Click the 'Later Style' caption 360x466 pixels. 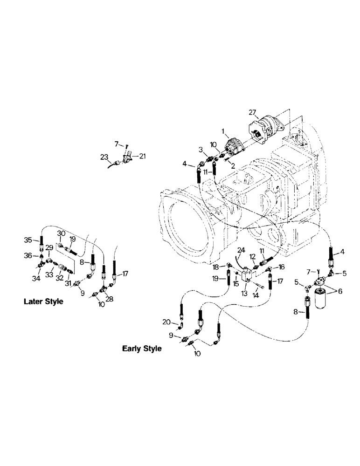43,302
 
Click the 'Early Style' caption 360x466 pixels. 142,348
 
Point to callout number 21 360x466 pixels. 142,156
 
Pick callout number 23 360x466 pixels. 104,157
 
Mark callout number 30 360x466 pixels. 61,233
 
